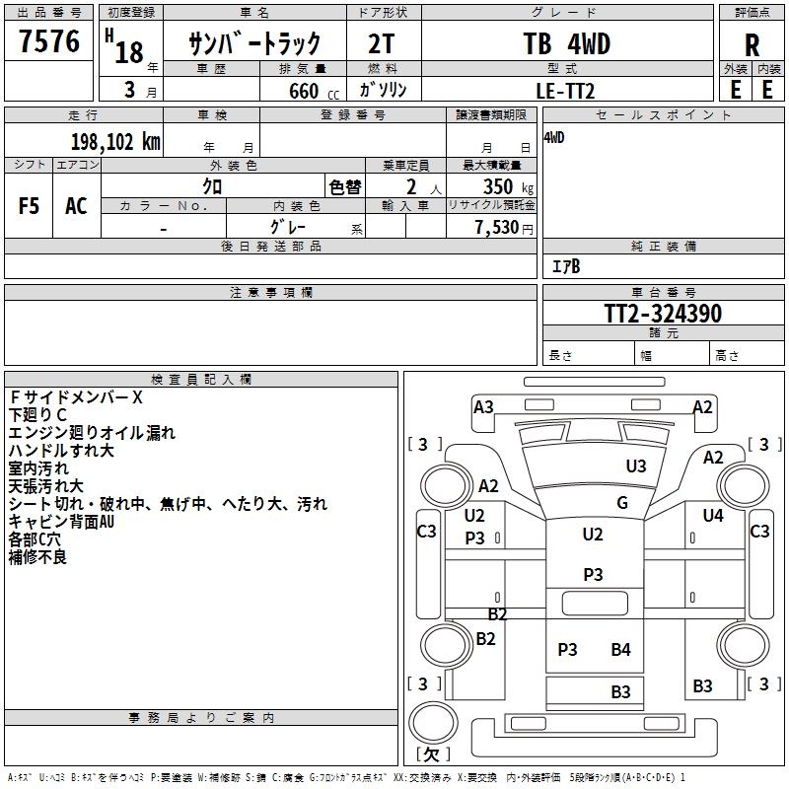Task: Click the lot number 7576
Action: [x=49, y=42]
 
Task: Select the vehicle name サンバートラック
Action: [x=254, y=43]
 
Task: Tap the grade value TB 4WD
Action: [x=566, y=44]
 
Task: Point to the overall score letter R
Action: [x=752, y=45]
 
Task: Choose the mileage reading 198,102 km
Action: [x=115, y=142]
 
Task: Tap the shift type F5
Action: [x=30, y=205]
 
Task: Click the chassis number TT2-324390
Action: [x=663, y=315]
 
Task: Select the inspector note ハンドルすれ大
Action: [x=61, y=451]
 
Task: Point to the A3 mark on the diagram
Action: [x=483, y=406]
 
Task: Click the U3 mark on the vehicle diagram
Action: [x=636, y=466]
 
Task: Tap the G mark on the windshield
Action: [x=622, y=503]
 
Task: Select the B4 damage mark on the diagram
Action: [x=620, y=649]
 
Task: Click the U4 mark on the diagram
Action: [x=713, y=515]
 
